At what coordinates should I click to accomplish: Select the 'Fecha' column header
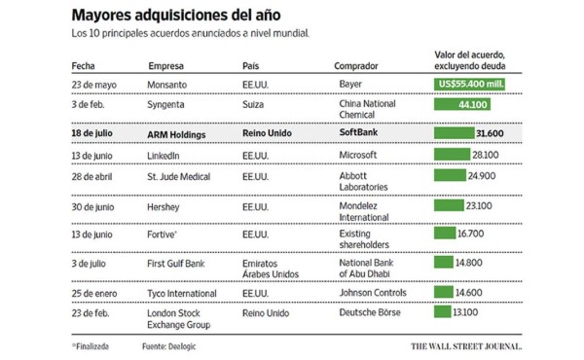pyautogui.click(x=85, y=65)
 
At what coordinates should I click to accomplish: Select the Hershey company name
pyautogui.click(x=164, y=205)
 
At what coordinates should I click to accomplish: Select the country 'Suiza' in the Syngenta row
pyautogui.click(x=252, y=103)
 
